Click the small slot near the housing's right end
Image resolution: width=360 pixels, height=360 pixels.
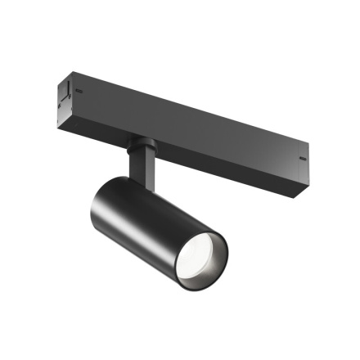302,158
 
